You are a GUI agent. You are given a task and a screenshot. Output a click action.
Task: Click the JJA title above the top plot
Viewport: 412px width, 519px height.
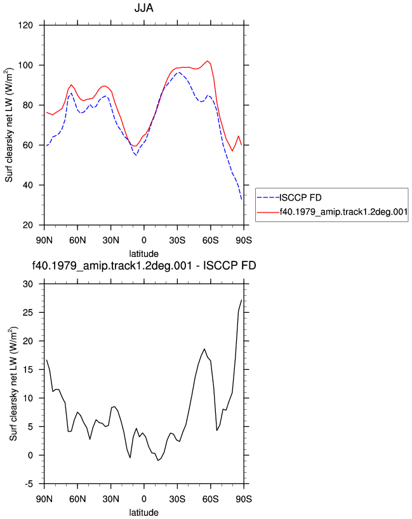pos(143,8)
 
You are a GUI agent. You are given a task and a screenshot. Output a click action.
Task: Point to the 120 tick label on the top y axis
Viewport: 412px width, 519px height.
pos(25,25)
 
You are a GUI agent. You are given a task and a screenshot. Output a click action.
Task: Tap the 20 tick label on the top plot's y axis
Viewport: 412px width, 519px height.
pos(28,225)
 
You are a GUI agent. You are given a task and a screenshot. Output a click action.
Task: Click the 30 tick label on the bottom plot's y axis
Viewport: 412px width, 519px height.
pos(28,284)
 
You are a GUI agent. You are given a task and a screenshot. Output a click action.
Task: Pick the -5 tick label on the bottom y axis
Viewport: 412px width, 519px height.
pos(29,484)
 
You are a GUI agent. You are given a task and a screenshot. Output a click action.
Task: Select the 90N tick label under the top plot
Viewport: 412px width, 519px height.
pos(44,240)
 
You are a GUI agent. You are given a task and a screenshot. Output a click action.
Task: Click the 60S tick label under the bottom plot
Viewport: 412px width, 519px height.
pos(211,499)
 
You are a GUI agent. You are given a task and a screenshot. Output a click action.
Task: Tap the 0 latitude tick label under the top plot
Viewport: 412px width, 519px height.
pos(143,240)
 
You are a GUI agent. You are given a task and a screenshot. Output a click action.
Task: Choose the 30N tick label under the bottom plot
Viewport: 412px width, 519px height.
pos(110,499)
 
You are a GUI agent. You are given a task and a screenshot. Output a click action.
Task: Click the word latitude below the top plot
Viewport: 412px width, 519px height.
pos(143,254)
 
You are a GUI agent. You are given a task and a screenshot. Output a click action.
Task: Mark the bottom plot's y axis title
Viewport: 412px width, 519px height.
pos(13,384)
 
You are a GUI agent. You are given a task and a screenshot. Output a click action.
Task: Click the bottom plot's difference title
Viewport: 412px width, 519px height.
pos(144,265)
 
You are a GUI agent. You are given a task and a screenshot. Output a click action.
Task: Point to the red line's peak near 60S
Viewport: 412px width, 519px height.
pos(208,61)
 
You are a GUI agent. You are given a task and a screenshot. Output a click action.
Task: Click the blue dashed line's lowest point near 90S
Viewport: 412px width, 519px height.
pos(241,199)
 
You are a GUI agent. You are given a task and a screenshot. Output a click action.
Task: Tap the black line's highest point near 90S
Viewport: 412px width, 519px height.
pos(241,300)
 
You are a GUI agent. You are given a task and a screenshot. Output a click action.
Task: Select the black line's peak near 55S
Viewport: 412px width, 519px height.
pos(204,349)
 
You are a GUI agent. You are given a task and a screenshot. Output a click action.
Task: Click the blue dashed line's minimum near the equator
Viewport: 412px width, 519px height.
pos(136,155)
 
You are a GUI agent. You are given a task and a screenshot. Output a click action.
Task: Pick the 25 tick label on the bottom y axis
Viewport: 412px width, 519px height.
pos(28,312)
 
